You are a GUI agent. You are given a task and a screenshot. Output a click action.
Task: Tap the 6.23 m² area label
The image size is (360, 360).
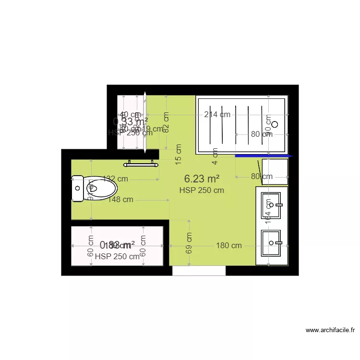202,179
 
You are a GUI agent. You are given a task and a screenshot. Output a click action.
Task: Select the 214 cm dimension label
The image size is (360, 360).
217,114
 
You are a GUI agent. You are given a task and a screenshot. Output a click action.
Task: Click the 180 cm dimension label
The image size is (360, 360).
229,245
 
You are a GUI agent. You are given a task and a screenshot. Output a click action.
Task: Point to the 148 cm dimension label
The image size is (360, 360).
120,200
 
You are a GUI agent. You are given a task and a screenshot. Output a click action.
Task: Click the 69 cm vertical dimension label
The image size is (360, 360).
189,243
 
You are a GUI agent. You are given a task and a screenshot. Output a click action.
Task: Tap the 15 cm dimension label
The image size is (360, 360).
179,155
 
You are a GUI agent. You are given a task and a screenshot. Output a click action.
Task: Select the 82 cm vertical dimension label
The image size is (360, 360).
166,122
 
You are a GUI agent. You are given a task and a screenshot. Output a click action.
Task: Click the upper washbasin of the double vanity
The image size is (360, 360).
271,205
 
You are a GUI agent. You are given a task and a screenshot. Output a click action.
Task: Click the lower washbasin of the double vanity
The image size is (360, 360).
271,243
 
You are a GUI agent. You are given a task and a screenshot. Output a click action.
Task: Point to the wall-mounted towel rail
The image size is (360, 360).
141,164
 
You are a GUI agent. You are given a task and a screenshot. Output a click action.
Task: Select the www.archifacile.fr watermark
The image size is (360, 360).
330,330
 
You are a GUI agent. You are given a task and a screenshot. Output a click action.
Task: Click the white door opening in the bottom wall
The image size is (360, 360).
199,271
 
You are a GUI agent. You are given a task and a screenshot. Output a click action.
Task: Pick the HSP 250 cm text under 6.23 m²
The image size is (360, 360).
202,190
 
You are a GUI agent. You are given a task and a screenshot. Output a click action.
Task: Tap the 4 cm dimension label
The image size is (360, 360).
216,153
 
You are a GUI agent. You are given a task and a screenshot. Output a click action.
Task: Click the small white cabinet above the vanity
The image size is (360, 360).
275,171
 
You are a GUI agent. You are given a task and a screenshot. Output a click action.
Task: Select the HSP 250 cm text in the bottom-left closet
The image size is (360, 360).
117,256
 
